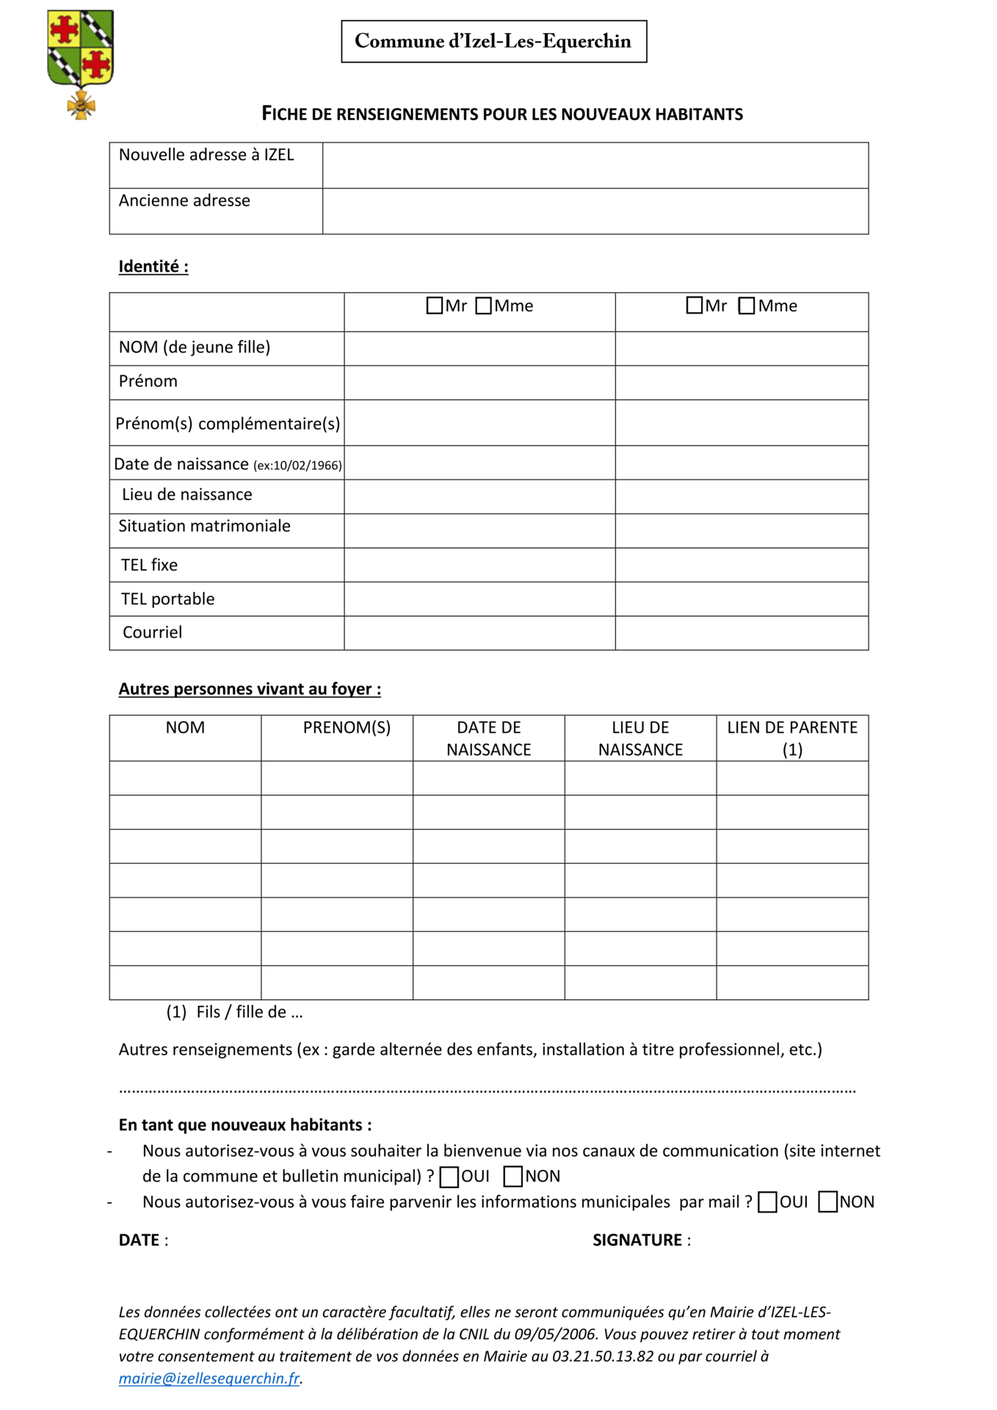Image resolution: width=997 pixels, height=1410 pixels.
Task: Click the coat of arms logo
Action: click(80, 62)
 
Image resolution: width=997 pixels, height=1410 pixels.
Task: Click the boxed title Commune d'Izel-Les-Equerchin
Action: click(493, 41)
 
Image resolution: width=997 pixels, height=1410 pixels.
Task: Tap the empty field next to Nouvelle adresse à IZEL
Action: click(595, 165)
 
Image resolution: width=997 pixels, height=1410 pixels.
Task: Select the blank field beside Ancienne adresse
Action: click(595, 211)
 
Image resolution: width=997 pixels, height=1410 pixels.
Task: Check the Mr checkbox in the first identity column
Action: click(435, 305)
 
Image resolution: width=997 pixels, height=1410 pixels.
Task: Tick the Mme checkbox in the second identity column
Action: click(747, 305)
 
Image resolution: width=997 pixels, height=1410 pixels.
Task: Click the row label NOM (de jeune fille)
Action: click(195, 347)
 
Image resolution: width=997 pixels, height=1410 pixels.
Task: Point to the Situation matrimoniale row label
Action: click(205, 526)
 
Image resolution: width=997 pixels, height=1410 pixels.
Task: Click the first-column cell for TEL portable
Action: click(479, 599)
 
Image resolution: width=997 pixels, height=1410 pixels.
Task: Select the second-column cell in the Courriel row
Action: click(742, 633)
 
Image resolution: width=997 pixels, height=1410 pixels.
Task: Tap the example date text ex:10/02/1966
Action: click(297, 466)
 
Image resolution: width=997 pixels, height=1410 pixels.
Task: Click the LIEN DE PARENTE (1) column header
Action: click(792, 738)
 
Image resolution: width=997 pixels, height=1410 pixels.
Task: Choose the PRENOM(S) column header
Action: click(347, 728)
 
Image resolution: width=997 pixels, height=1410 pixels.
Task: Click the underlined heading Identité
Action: click(153, 267)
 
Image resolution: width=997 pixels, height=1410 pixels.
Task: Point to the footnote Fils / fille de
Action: click(250, 1012)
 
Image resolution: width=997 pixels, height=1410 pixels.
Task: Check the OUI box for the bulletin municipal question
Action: click(449, 1177)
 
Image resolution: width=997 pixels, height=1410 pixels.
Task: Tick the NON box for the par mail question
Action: click(827, 1202)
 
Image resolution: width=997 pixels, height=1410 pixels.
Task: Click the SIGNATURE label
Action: click(637, 1240)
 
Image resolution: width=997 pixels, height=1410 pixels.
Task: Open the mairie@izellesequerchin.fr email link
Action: click(209, 1378)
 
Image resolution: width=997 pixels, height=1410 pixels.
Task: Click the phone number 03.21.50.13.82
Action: click(603, 1356)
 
